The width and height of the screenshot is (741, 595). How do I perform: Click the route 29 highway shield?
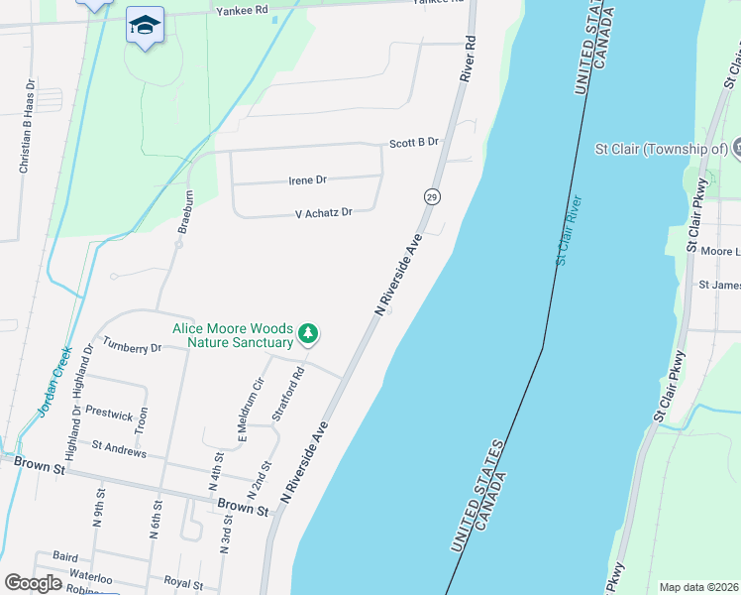(432, 197)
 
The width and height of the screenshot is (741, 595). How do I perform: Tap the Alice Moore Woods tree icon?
(309, 334)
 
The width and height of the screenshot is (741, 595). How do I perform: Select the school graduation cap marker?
(145, 25)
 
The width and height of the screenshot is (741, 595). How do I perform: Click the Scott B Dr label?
(413, 143)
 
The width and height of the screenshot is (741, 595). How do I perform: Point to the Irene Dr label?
(307, 180)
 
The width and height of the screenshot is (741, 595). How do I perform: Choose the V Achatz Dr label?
(323, 213)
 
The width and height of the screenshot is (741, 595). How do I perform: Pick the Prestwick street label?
(109, 415)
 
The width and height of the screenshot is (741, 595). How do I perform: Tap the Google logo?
(34, 583)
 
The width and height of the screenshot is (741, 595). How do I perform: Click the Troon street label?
(142, 420)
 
